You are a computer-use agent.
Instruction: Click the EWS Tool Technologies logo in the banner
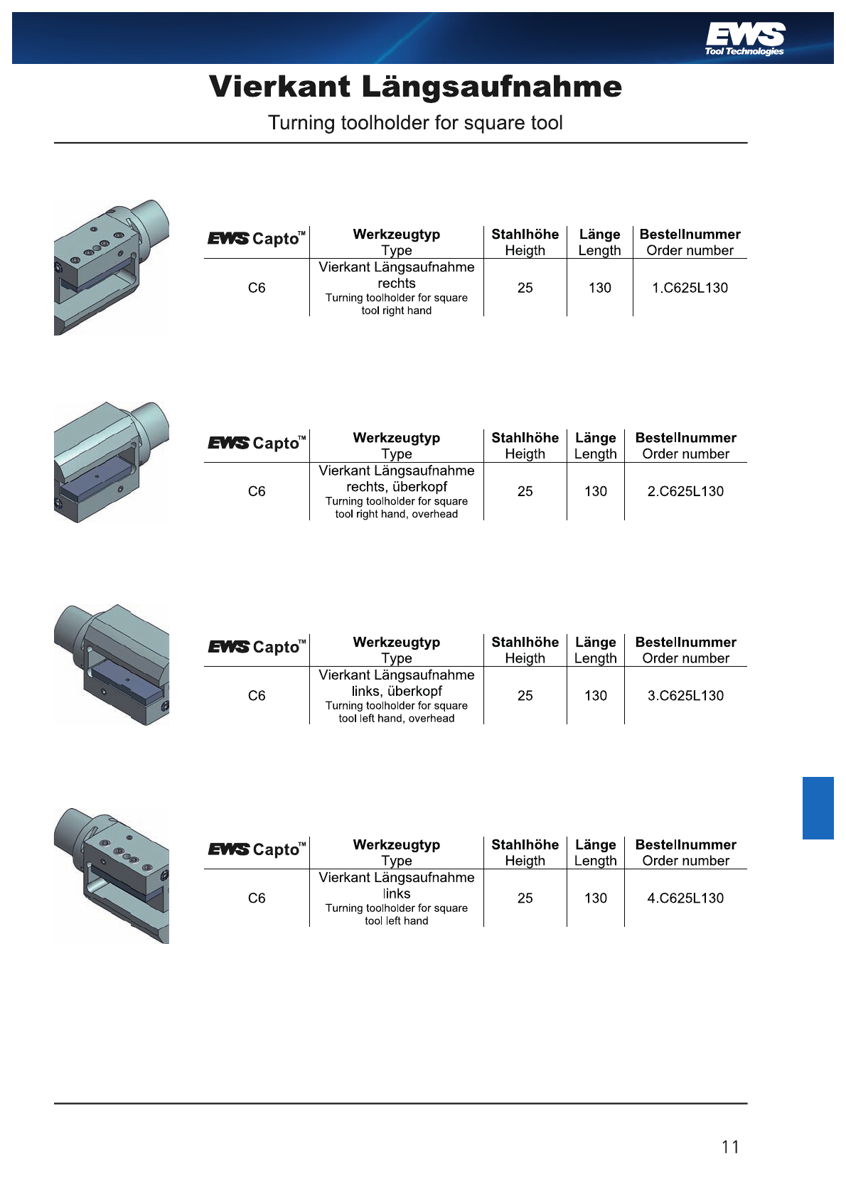click(744, 39)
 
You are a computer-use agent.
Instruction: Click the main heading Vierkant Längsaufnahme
click(416, 87)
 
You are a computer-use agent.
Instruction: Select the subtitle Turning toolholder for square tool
click(415, 123)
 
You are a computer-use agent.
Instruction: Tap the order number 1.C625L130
click(690, 288)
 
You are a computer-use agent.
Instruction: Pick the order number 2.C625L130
click(685, 492)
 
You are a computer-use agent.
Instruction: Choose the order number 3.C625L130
click(685, 696)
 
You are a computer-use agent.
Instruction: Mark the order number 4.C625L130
click(685, 898)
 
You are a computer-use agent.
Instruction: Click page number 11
click(731, 1147)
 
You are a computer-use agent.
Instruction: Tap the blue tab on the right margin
click(818, 808)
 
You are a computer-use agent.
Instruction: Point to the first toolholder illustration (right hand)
click(111, 267)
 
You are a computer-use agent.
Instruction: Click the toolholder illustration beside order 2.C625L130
click(111, 462)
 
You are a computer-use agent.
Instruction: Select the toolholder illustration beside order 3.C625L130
click(111, 665)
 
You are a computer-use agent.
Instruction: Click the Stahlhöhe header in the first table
click(525, 235)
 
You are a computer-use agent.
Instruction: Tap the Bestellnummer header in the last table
click(685, 845)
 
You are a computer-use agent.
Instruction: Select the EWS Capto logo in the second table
click(257, 443)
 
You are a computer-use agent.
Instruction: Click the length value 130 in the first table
click(599, 288)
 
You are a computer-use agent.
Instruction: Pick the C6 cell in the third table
click(257, 696)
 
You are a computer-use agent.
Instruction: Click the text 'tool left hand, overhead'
click(397, 719)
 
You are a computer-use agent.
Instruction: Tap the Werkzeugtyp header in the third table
click(397, 643)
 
